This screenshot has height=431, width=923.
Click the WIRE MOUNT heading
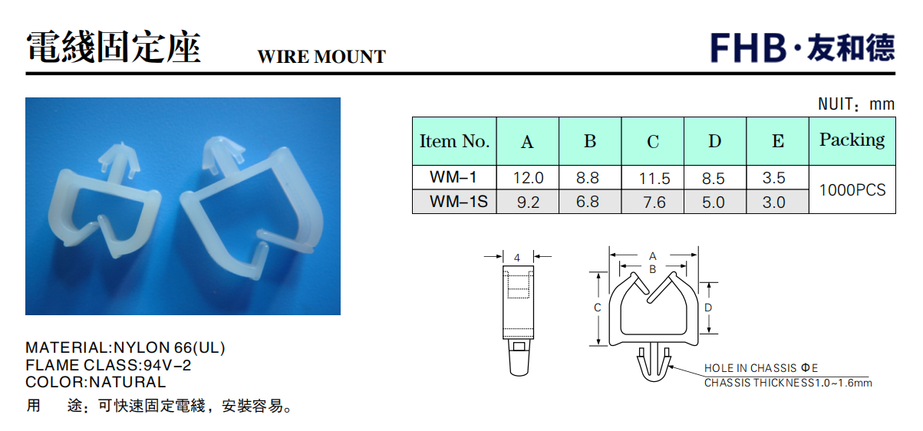coord(321,57)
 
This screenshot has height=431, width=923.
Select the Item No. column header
coord(454,141)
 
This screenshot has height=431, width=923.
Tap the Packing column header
coord(852,140)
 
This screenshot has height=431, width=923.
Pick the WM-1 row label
coord(453,177)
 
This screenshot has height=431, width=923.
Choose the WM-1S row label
coord(459,202)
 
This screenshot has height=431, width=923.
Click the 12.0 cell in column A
coord(529,178)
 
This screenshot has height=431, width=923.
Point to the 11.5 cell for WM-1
coord(654,179)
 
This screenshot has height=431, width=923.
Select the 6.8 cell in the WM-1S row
coord(588,202)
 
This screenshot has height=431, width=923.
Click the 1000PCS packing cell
coord(852,190)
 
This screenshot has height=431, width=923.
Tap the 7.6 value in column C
coord(654,202)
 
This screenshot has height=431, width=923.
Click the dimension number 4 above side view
coord(517,258)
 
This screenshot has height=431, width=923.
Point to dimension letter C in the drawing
coord(598,308)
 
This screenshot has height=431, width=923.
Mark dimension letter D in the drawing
coord(708,308)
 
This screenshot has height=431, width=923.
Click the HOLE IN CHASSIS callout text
coord(761,368)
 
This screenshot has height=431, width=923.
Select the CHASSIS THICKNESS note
coord(788,383)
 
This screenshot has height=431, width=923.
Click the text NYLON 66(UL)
coord(170,347)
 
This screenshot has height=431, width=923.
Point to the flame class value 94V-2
coord(167,365)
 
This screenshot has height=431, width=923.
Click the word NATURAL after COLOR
coord(127,382)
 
